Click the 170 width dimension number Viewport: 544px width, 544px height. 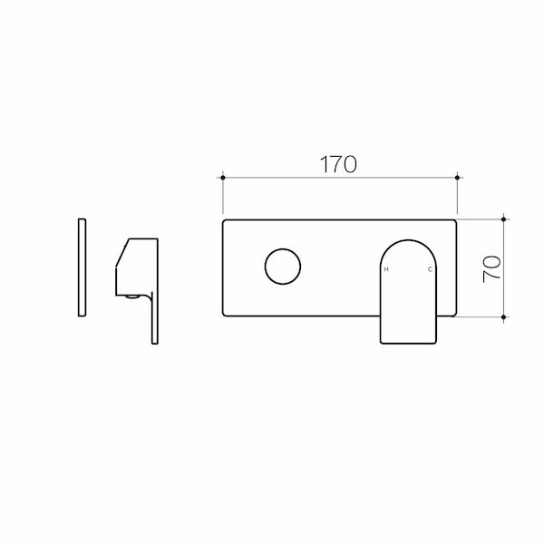(339, 163)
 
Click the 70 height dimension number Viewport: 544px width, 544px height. (492, 268)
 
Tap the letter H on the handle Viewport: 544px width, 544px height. (386, 270)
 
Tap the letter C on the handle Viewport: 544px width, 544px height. (430, 270)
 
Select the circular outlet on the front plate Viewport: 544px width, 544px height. (282, 267)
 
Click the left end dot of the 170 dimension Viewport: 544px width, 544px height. (223, 178)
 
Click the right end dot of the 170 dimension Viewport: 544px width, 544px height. (458, 178)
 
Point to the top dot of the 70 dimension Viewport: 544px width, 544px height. (505, 219)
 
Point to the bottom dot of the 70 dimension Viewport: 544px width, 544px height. (505, 316)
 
